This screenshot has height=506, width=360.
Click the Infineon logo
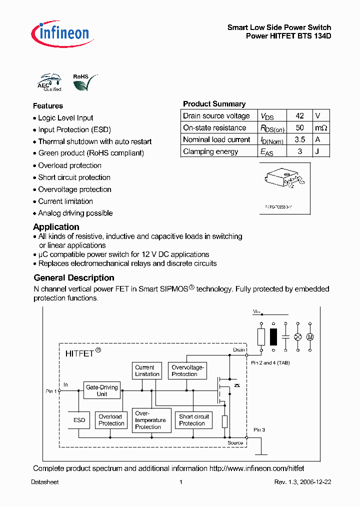60,33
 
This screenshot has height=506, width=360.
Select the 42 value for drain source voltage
299,115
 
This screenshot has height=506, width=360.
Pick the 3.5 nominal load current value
299,140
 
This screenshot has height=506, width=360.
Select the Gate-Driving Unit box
102,390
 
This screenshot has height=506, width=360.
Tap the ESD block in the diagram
79,420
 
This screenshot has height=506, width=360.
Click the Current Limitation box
147,370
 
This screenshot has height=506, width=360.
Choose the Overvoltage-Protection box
186,370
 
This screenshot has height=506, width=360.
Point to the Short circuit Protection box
194,420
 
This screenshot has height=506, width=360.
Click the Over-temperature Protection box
150,420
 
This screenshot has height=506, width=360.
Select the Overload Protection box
111,420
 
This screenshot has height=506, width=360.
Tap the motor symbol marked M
309,337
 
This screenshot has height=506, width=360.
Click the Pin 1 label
51,391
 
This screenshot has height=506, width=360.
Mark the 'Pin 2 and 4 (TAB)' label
270,362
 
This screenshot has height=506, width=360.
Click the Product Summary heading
214,104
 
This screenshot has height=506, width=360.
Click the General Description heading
74,278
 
